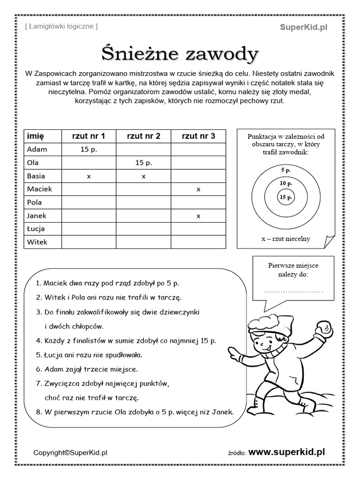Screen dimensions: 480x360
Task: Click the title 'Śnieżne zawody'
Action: pyautogui.click(x=180, y=54)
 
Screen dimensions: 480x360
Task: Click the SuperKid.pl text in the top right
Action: pyautogui.click(x=304, y=27)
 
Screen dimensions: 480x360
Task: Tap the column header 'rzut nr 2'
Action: pyautogui.click(x=143, y=136)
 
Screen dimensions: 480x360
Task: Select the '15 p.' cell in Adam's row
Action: pyautogui.click(x=89, y=150)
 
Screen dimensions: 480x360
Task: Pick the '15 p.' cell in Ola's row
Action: pyautogui.click(x=143, y=163)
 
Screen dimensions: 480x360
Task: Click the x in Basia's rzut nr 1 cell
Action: pyautogui.click(x=89, y=176)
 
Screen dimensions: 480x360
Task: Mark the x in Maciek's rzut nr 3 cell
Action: pyautogui.click(x=198, y=189)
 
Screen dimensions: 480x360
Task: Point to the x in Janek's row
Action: pyautogui.click(x=198, y=216)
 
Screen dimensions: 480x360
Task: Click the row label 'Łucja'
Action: pyautogui.click(x=36, y=229)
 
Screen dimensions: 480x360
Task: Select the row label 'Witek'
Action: pyautogui.click(x=37, y=242)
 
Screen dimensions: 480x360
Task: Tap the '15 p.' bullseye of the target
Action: pyautogui.click(x=286, y=197)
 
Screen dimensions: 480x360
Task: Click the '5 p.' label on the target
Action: pyautogui.click(x=286, y=170)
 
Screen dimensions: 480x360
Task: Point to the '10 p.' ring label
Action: pyautogui.click(x=286, y=183)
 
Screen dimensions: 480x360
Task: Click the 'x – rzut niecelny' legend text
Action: pyautogui.click(x=286, y=239)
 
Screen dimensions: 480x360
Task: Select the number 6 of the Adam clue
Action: pyautogui.click(x=38, y=369)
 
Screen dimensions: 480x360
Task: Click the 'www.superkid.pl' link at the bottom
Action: pyautogui.click(x=286, y=452)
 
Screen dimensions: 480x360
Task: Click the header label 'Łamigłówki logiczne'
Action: pyautogui.click(x=61, y=27)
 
